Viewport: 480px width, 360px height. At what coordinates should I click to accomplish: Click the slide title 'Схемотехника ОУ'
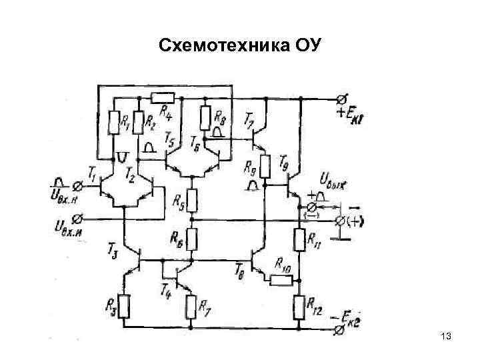click(x=240, y=45)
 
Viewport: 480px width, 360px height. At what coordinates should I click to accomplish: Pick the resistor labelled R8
click(x=205, y=118)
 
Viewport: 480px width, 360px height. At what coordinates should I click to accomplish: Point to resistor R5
click(x=191, y=199)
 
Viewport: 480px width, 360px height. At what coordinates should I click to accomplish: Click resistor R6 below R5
click(x=191, y=238)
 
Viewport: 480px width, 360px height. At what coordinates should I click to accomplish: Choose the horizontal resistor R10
click(x=281, y=279)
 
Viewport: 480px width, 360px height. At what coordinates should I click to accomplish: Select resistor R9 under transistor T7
click(x=265, y=165)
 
